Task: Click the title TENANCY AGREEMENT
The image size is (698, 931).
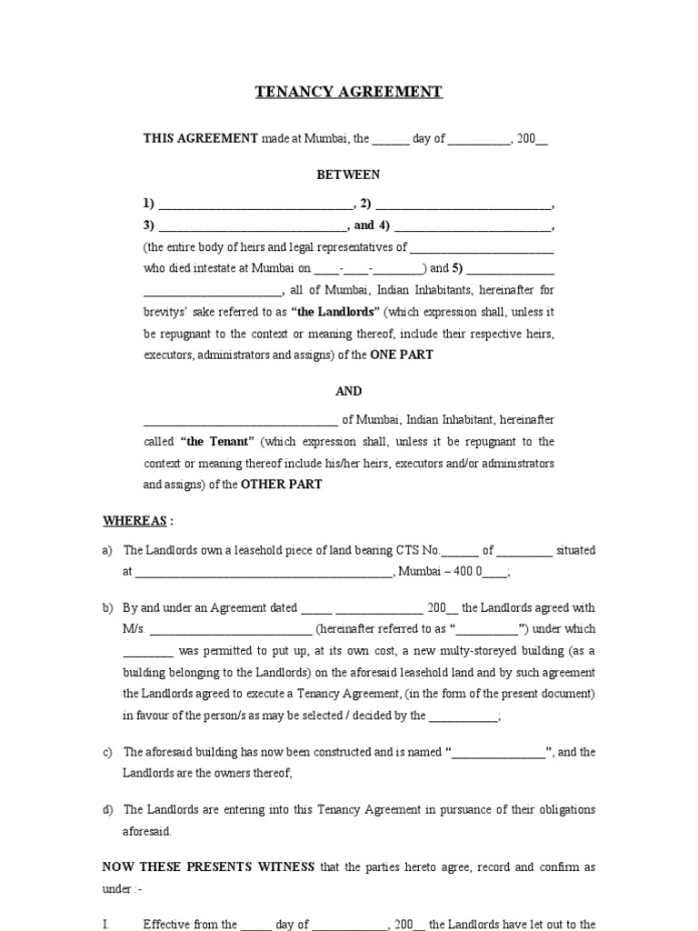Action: coord(348,92)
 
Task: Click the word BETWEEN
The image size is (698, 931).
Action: coord(348,174)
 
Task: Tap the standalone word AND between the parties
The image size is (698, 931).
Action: coord(348,391)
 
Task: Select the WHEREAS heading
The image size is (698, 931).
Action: coord(135,521)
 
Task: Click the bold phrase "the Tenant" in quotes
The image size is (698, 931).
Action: coord(217,442)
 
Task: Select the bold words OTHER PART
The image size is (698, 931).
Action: coord(281,486)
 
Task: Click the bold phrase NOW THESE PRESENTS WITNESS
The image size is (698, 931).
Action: coord(208,867)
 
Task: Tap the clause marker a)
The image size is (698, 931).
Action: coord(107,551)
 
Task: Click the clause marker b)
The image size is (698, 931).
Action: coord(107,608)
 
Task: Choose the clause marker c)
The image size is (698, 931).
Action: coord(107,753)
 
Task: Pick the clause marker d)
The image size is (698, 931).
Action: coord(107,810)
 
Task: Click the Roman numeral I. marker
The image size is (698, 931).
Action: coord(106,925)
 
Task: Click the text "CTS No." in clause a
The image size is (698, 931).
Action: coord(417,551)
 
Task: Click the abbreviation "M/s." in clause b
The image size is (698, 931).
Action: coord(134,629)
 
